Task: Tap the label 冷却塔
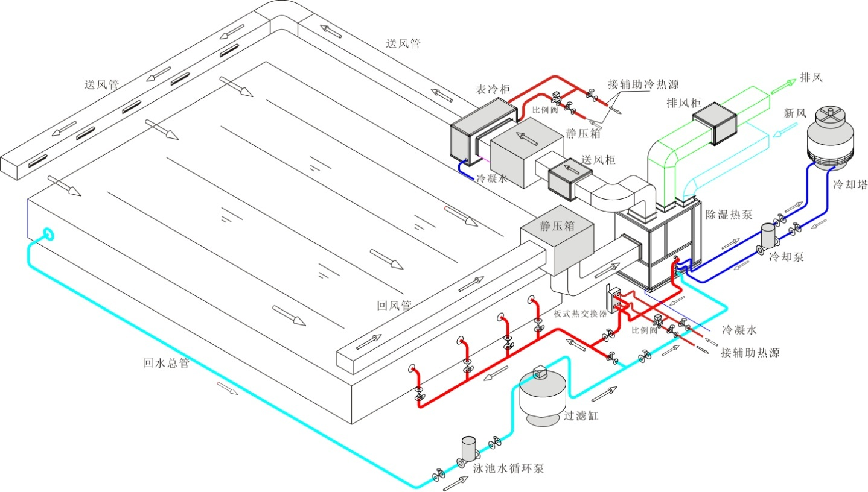click(849, 185)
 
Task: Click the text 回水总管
click(166, 363)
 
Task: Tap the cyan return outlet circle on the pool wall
click(48, 233)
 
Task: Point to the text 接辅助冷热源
click(648, 84)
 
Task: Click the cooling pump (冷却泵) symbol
click(767, 236)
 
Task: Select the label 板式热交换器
click(580, 314)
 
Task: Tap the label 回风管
click(394, 306)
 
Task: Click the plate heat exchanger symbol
click(616, 300)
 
